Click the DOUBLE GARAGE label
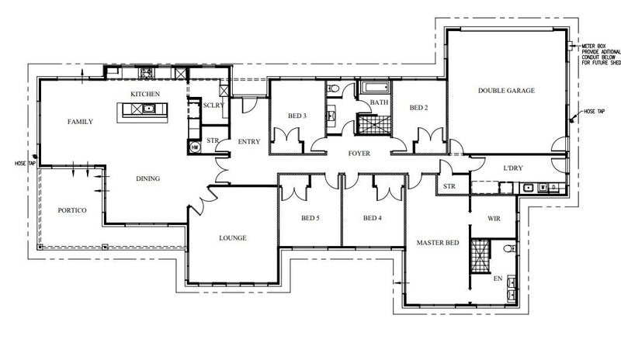tap(506, 91)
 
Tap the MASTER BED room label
tap(438, 243)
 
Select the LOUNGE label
tap(233, 238)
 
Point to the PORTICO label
tap(72, 210)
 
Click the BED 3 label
tap(297, 116)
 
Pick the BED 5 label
tap(310, 218)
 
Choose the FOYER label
tap(359, 154)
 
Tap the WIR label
tap(494, 219)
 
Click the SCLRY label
tap(213, 106)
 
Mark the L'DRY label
tap(513, 168)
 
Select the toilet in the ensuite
tap(509, 249)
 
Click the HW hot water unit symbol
tap(195, 147)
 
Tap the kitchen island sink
tap(149, 108)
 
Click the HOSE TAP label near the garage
tap(595, 112)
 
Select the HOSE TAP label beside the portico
tap(26, 163)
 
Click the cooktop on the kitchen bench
tap(147, 73)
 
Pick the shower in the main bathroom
tap(373, 124)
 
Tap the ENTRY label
tap(248, 141)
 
